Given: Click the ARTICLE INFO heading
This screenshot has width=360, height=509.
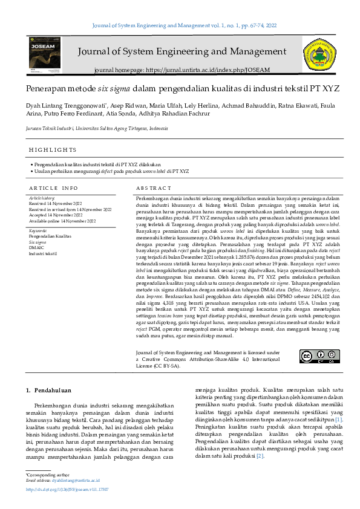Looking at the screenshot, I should tap(53, 188).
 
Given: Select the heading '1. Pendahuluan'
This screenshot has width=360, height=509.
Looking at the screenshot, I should tap(50, 391).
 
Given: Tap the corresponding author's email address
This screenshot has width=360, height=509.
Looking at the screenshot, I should tap(75, 481).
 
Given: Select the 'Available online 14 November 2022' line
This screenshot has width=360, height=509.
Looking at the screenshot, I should tap(62, 221).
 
